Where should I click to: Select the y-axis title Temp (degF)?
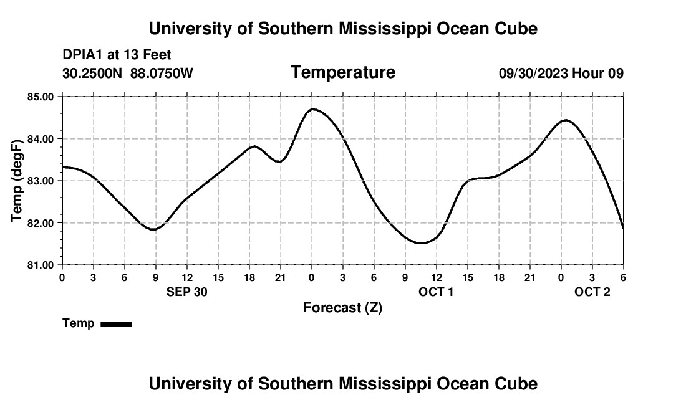[x=17, y=181]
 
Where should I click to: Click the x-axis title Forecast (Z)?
[x=342, y=308]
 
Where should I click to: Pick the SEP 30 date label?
[x=186, y=292]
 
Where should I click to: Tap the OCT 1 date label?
[x=436, y=292]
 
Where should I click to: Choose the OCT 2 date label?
[x=592, y=292]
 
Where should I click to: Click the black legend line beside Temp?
[x=116, y=324]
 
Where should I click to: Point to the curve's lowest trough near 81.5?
[x=422, y=243]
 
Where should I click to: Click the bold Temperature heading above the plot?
[x=343, y=72]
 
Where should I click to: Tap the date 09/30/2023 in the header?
[x=533, y=74]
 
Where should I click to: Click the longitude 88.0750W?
[x=162, y=74]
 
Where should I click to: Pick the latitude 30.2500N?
[x=93, y=74]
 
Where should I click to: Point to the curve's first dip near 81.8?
[x=153, y=229]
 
